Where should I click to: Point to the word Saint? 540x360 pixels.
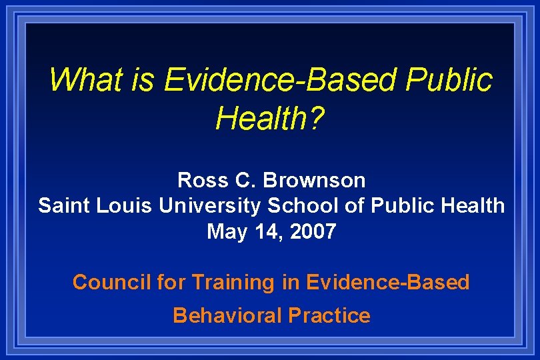click(x=62, y=205)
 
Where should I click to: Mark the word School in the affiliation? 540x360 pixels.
click(x=303, y=205)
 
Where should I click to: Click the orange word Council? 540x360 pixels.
click(x=111, y=282)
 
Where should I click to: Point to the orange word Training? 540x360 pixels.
click(x=233, y=283)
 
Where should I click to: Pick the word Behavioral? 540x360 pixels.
click(x=227, y=315)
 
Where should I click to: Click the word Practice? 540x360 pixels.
click(x=329, y=315)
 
